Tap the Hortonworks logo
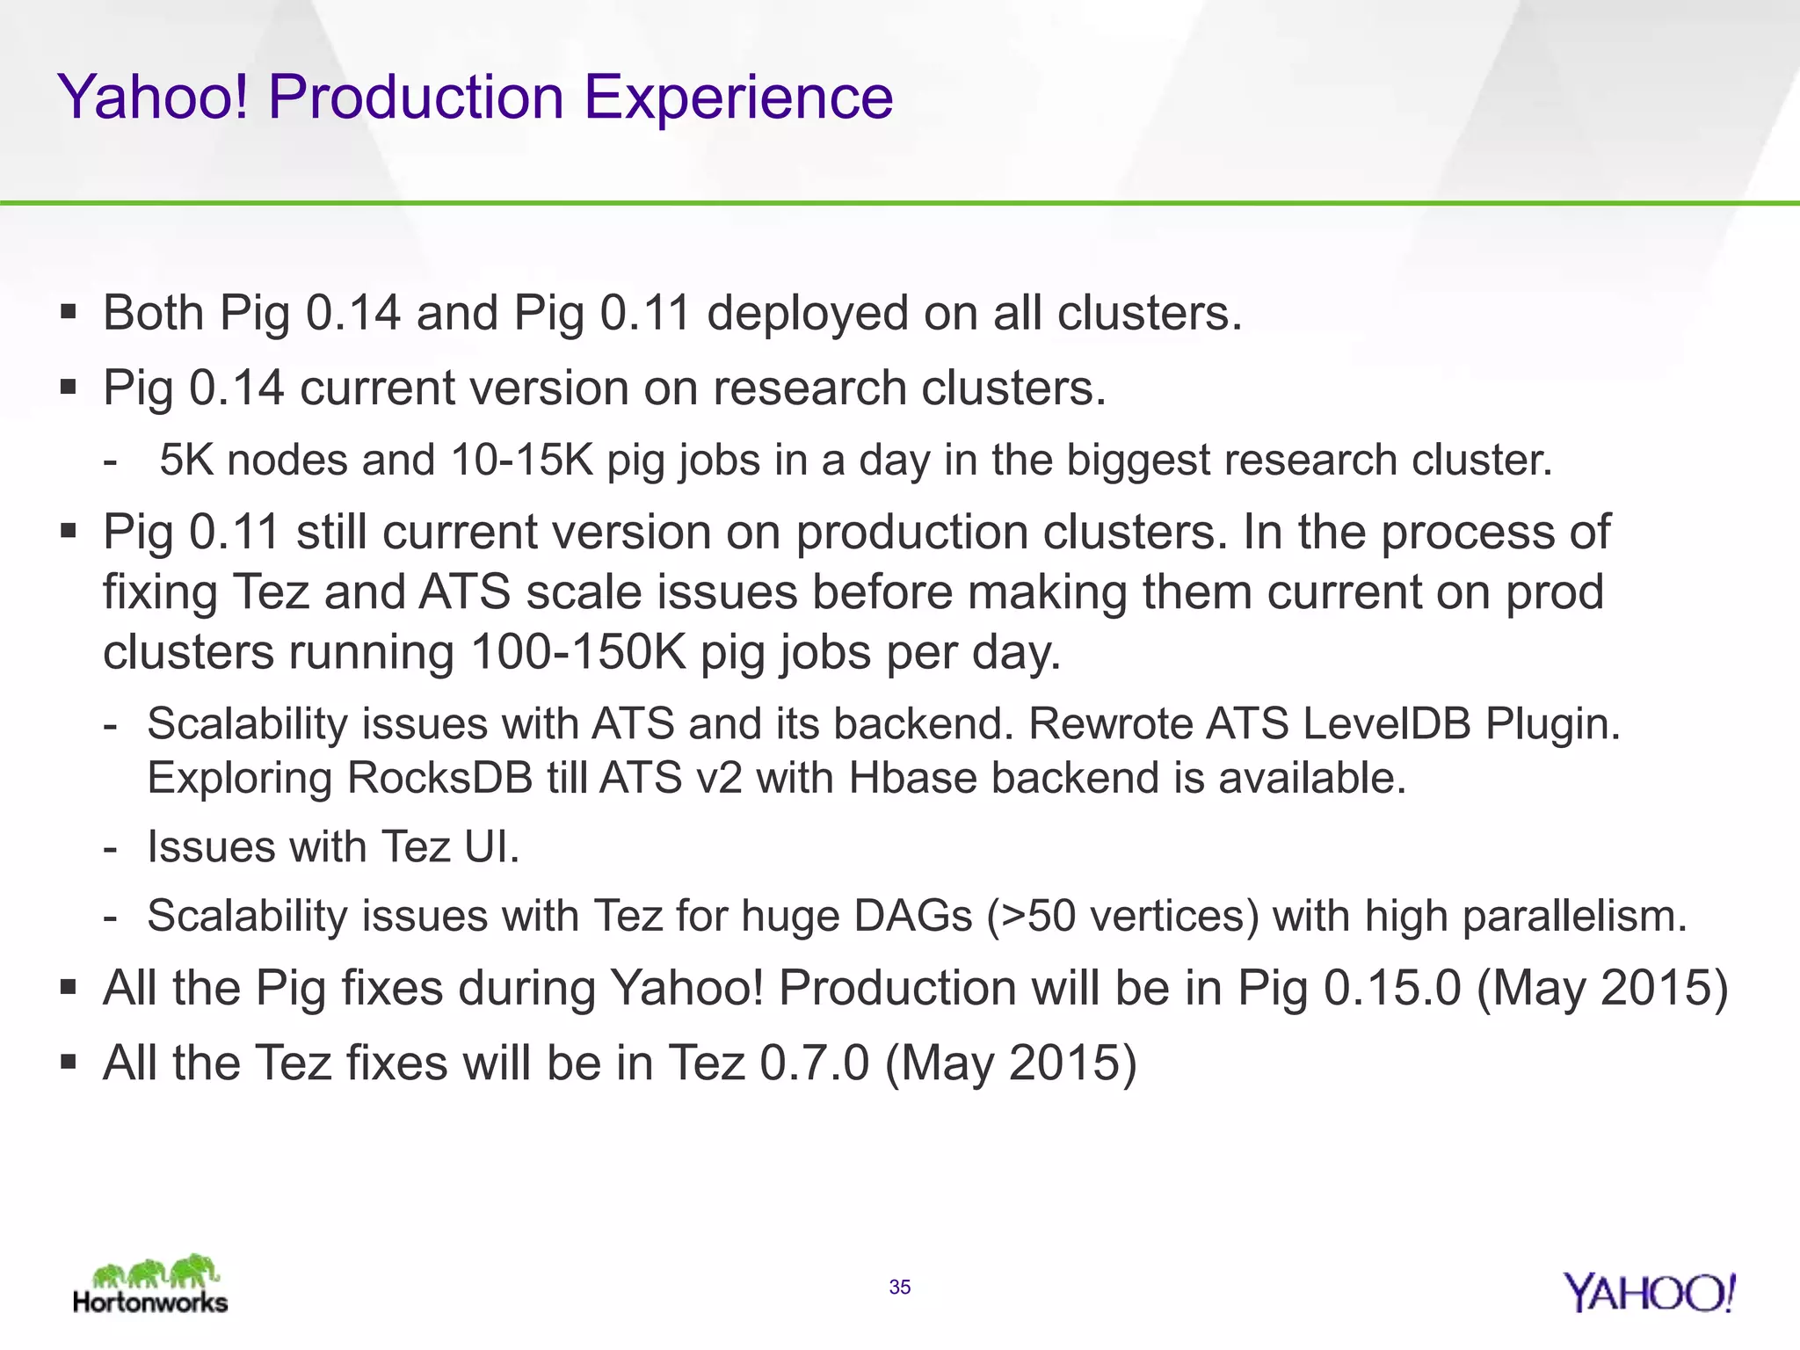coord(151,1285)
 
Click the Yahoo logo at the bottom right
coord(1649,1294)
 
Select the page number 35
coord(899,1288)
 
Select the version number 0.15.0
coord(1392,988)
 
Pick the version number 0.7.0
coord(814,1063)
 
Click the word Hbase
coord(911,779)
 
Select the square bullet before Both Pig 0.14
coord(69,311)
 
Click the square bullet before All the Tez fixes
coord(69,1062)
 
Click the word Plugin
coord(1552,724)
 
